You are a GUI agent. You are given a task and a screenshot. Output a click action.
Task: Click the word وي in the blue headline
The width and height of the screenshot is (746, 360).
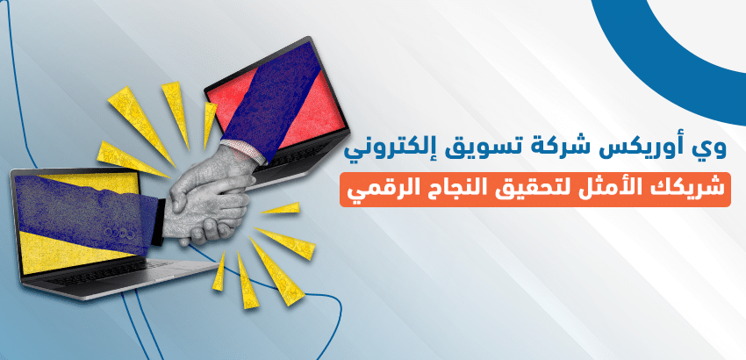(714, 148)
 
